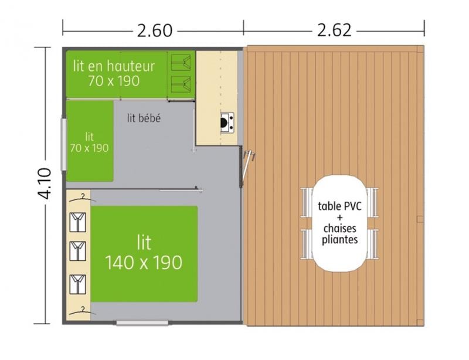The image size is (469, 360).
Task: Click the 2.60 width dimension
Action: pyautogui.click(x=155, y=31)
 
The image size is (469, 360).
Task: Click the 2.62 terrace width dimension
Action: pyautogui.click(x=334, y=30)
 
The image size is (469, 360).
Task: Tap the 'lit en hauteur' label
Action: pyautogui.click(x=114, y=66)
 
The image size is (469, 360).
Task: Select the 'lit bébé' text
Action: pyautogui.click(x=144, y=118)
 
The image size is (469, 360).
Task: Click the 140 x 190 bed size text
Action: pyautogui.click(x=144, y=263)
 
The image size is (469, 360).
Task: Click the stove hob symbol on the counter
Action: pyautogui.click(x=227, y=123)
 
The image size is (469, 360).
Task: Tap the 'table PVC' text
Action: pyautogui.click(x=339, y=206)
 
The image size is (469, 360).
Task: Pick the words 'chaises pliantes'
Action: pyautogui.click(x=340, y=234)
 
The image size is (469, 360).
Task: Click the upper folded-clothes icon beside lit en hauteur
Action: pyautogui.click(x=181, y=62)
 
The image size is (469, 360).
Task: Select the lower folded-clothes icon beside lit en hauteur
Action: pyautogui.click(x=181, y=84)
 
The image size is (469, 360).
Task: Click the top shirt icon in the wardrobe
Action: pyautogui.click(x=78, y=222)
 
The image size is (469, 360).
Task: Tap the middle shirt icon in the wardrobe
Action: pyautogui.click(x=78, y=251)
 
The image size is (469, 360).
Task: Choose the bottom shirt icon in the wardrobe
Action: pyautogui.click(x=78, y=284)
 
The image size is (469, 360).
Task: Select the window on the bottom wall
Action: pyautogui.click(x=142, y=323)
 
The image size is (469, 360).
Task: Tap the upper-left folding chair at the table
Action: pyautogui.click(x=307, y=202)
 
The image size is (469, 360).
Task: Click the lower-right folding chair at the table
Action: pyautogui.click(x=372, y=244)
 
